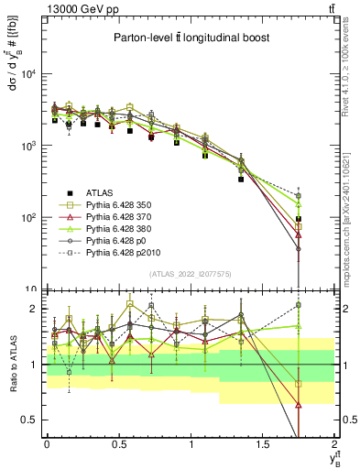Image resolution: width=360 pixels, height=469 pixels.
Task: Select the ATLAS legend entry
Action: (108, 193)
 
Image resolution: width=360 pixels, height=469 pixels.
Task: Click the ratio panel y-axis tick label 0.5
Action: (32, 420)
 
